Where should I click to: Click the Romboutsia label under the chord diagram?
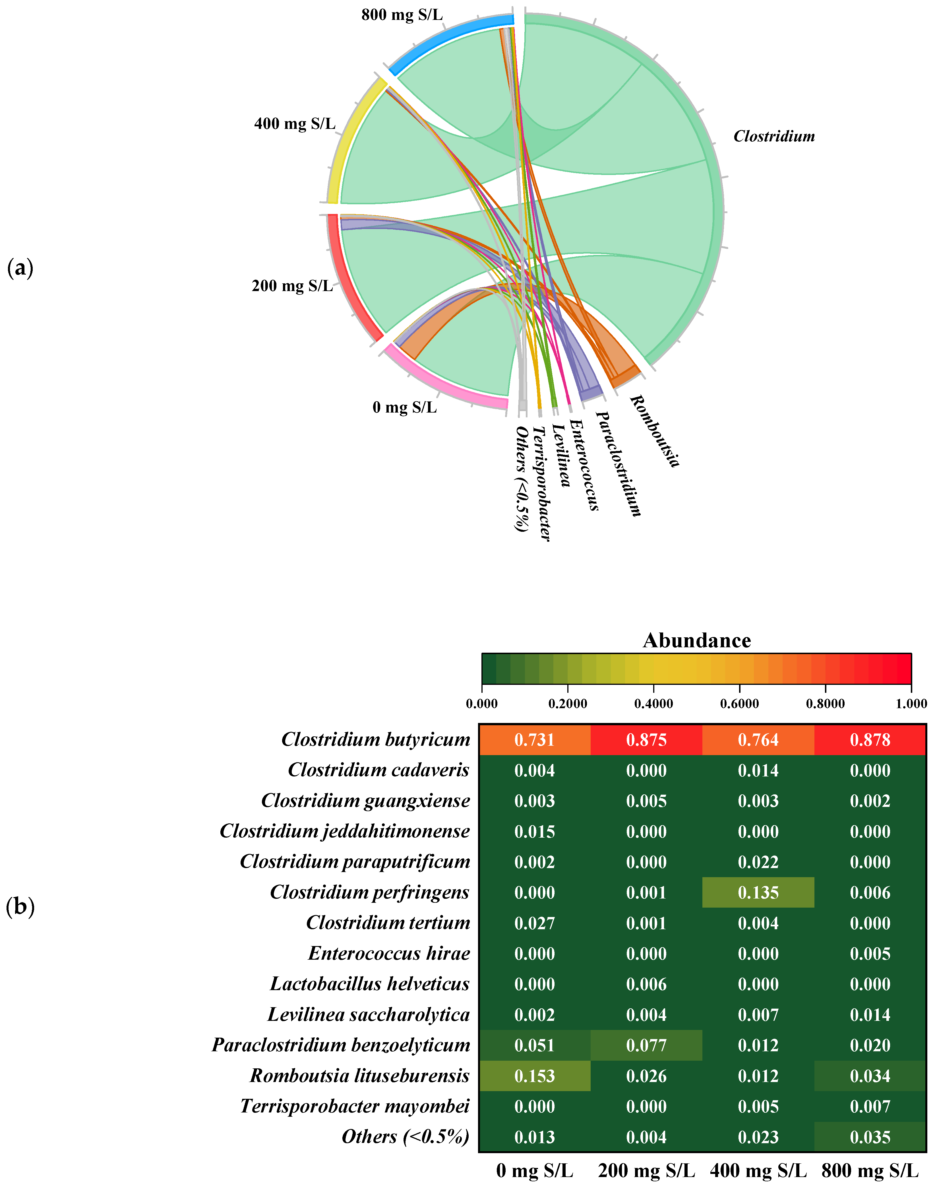pyautogui.click(x=654, y=431)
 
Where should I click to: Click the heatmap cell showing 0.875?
pyautogui.click(x=646, y=740)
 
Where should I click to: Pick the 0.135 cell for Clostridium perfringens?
pyautogui.click(x=758, y=893)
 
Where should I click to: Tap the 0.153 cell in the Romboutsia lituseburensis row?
pyautogui.click(x=534, y=1076)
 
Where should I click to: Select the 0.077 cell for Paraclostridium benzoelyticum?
pyautogui.click(x=646, y=1045)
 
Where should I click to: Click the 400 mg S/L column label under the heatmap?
pyautogui.click(x=758, y=1170)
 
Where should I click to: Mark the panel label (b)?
pyautogui.click(x=20, y=906)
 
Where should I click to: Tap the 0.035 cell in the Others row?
pyautogui.click(x=870, y=1137)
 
